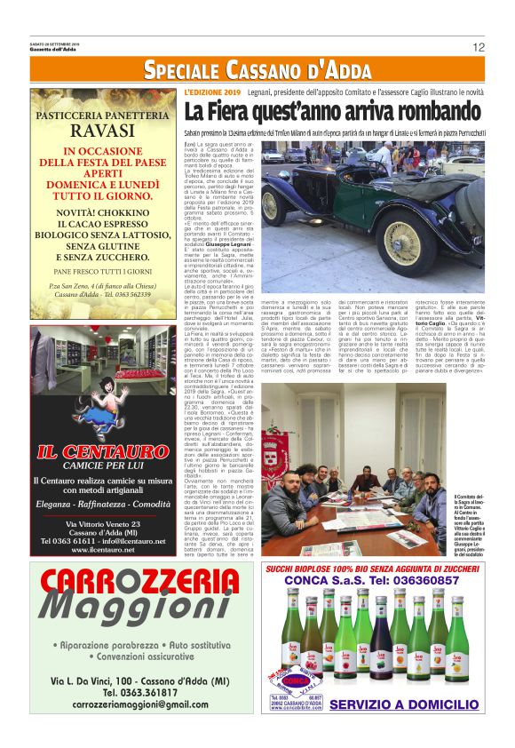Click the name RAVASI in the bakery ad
(102, 131)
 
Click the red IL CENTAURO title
(103, 452)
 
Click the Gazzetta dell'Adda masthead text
(55, 49)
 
